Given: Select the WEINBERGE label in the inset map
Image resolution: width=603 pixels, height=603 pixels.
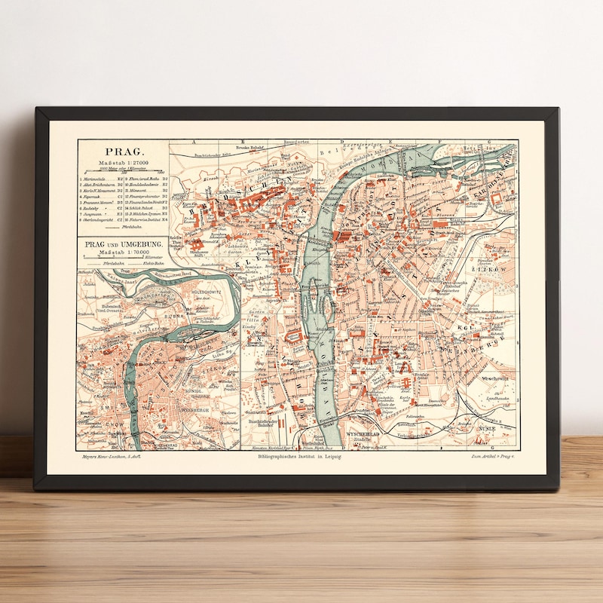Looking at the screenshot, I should pyautogui.click(x=192, y=408).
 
